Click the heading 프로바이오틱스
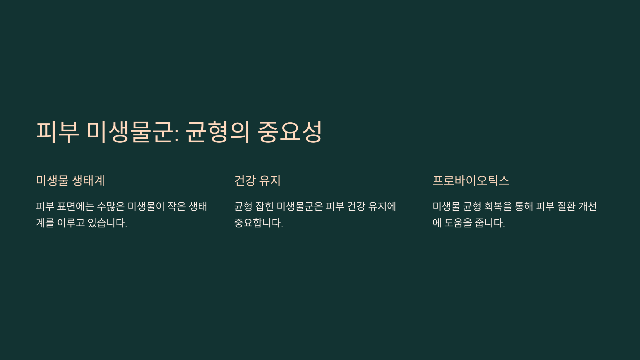[x=471, y=181]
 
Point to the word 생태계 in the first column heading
[x=88, y=181]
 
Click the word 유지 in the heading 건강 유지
[x=270, y=181]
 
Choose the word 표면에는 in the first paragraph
[x=75, y=206]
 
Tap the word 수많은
[x=111, y=206]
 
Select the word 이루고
[x=71, y=223]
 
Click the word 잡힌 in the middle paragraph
[x=264, y=206]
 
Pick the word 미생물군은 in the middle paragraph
[x=300, y=206]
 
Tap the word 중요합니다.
[x=258, y=223]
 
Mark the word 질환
[x=566, y=206]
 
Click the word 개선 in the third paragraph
[x=587, y=206]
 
